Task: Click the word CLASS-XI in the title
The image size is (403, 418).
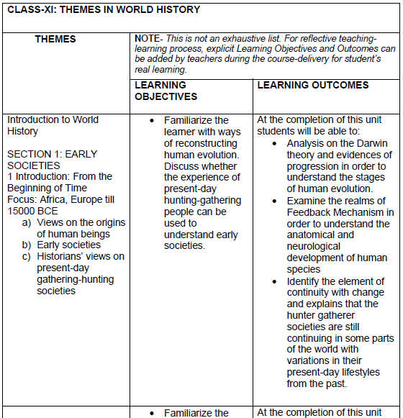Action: tap(27, 10)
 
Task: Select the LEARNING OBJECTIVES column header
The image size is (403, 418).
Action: tap(166, 91)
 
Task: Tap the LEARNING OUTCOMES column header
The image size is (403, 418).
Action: tap(312, 85)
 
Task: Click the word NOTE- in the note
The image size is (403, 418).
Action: tap(148, 37)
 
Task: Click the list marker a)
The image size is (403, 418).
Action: tap(27, 222)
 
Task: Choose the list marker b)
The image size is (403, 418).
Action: tap(27, 245)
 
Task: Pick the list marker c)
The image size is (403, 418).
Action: tap(27, 257)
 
